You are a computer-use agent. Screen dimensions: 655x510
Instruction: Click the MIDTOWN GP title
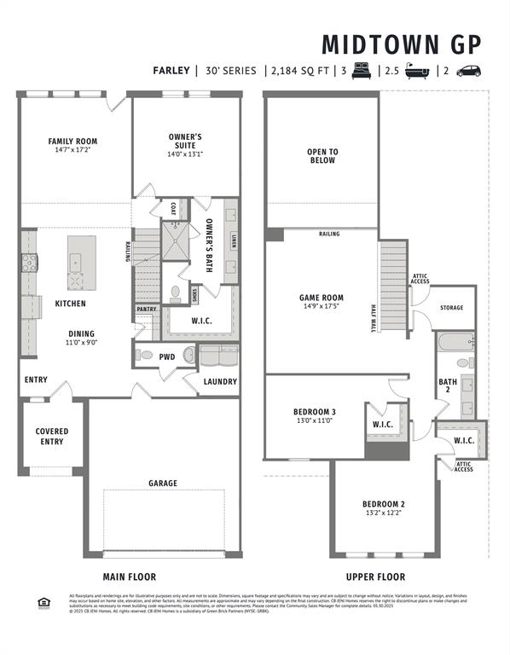pos(401,44)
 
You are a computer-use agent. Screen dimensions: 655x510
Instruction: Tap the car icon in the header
pos(468,72)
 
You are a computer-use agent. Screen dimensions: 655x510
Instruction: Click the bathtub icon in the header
pos(416,72)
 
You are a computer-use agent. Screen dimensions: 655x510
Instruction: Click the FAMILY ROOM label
pos(72,142)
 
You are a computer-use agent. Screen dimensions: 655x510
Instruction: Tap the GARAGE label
pos(163,484)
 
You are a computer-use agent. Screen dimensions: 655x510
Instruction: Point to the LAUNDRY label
pos(220,381)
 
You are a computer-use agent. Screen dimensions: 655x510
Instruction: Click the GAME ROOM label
pos(321,299)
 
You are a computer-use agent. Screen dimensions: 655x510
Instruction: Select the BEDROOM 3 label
pos(316,412)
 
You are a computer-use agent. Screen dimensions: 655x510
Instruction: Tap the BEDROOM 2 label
pos(383,503)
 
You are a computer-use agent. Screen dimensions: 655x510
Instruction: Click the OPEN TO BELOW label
pos(322,156)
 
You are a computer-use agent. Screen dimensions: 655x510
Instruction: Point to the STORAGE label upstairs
pos(451,307)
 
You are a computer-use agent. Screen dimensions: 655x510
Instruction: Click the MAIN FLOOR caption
pos(130,577)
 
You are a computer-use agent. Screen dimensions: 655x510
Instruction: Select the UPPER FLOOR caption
pos(375,577)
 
